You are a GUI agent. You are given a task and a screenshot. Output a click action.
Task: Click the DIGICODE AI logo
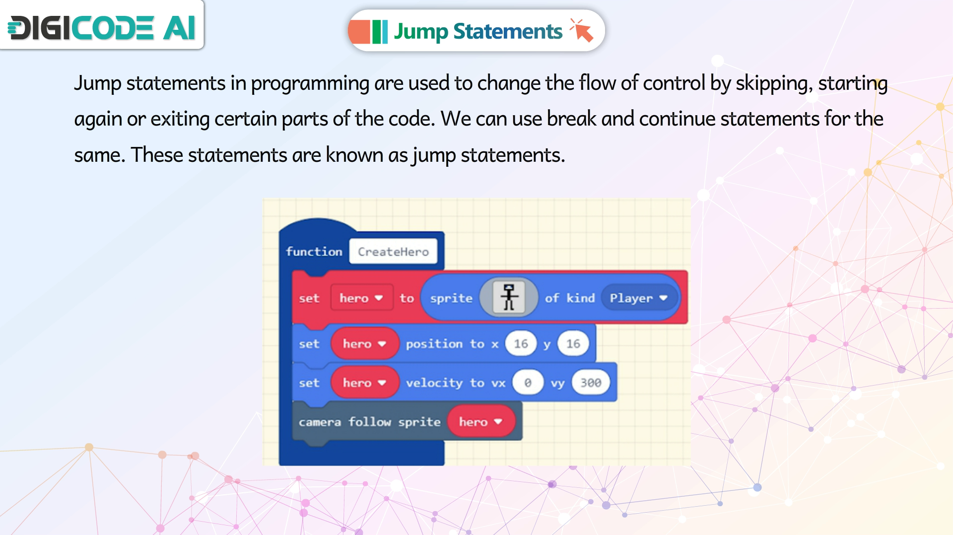click(x=102, y=27)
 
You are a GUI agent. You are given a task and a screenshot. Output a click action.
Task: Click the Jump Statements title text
click(x=478, y=31)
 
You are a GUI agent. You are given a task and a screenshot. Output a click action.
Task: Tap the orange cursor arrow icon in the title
click(x=581, y=30)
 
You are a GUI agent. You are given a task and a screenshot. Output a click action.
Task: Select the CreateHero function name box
click(x=393, y=252)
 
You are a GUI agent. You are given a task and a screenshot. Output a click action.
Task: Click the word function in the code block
click(x=314, y=252)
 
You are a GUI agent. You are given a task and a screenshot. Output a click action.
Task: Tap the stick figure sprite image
click(x=509, y=298)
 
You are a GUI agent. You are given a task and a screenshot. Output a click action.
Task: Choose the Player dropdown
click(x=639, y=298)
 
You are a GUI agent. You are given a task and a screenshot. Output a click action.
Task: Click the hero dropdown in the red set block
click(x=361, y=298)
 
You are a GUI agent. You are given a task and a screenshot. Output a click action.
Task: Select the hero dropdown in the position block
click(x=365, y=343)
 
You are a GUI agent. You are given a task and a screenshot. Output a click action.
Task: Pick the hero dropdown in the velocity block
click(x=365, y=383)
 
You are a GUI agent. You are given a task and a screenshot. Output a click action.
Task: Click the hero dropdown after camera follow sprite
click(x=480, y=422)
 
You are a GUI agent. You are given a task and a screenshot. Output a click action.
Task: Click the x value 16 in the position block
click(x=521, y=343)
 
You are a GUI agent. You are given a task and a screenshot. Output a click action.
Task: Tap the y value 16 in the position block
click(x=573, y=343)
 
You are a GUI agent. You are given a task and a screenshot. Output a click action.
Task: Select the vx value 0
click(x=528, y=383)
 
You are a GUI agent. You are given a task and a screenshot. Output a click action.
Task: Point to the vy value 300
click(x=591, y=383)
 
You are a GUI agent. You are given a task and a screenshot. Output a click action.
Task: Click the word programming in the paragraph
click(x=310, y=84)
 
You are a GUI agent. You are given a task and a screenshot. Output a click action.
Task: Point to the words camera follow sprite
click(x=369, y=422)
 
